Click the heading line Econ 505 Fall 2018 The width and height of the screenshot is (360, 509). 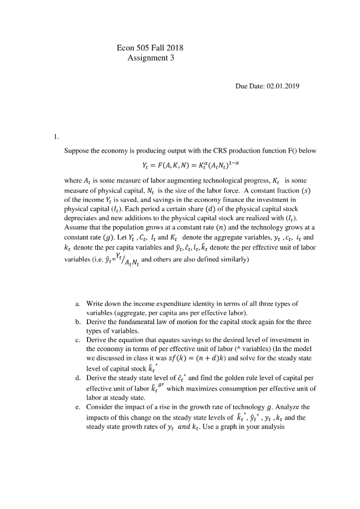tap(150, 48)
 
